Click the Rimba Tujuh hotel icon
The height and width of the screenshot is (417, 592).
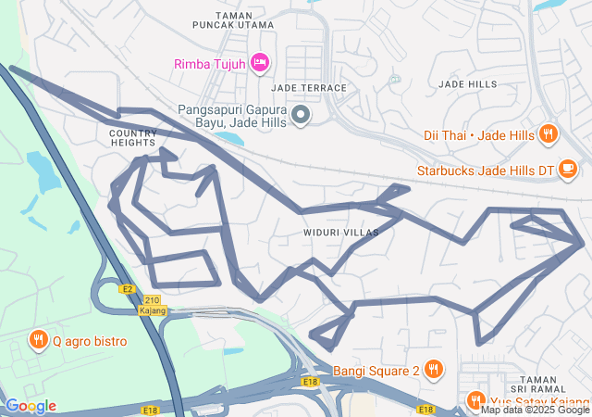coord(260,62)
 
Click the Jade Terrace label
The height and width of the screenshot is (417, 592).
coord(309,88)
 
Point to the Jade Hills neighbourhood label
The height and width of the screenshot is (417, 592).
coord(467,84)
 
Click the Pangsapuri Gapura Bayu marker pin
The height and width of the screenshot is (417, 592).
coord(301,115)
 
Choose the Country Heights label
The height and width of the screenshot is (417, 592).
coord(126,138)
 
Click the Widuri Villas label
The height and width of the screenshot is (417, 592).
coord(339,233)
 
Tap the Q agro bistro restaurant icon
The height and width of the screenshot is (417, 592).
coord(38,340)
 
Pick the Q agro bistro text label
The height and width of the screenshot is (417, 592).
coord(90,341)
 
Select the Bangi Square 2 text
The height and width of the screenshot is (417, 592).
coord(376,372)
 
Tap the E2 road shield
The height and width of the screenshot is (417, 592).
coord(128,289)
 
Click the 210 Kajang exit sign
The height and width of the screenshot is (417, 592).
coord(153,305)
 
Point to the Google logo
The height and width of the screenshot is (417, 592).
coord(30,406)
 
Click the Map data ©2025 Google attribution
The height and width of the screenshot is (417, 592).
coord(535,410)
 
